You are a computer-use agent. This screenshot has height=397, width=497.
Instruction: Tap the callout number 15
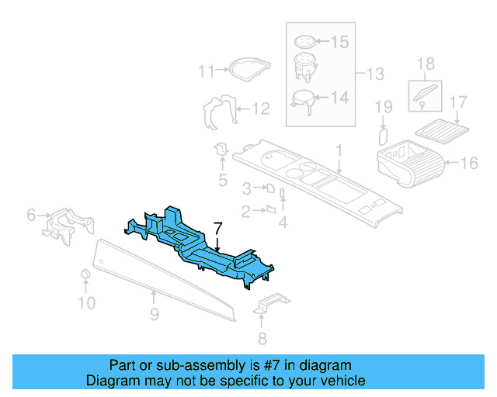(x=340, y=42)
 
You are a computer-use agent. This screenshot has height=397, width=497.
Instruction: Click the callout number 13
(x=375, y=74)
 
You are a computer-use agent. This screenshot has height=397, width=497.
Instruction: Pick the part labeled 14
(x=302, y=99)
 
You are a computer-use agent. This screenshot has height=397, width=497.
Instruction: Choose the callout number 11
(x=205, y=71)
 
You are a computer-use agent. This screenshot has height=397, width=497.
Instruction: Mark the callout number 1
(x=339, y=148)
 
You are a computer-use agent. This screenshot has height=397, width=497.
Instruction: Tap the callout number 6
(x=31, y=214)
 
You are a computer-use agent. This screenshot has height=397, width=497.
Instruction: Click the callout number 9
(x=154, y=314)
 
